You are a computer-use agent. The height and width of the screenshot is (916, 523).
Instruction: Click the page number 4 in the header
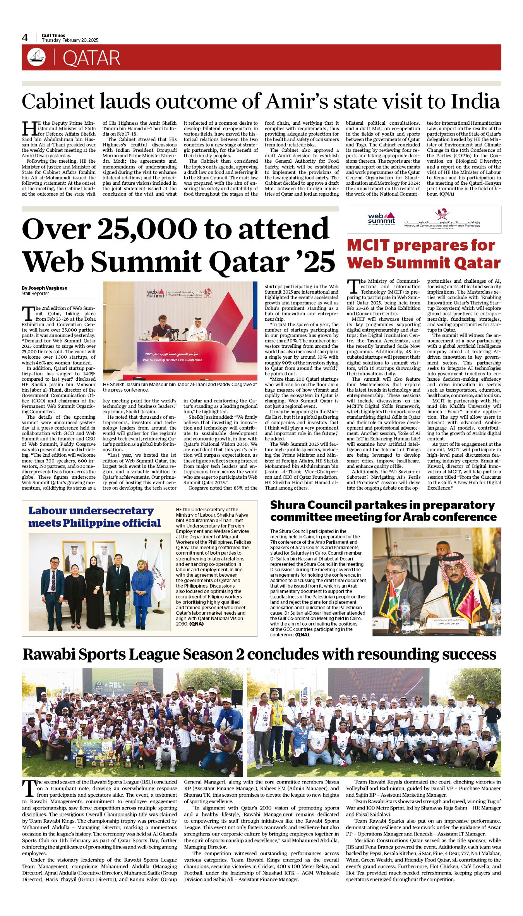(25, 38)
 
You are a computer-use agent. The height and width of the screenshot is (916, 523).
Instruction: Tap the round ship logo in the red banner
(36, 57)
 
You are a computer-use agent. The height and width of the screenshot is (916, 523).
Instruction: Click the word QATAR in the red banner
(91, 58)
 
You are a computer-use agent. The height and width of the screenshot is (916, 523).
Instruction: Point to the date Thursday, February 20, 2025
(70, 40)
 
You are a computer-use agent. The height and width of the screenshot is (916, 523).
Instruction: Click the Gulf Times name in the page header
(53, 35)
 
